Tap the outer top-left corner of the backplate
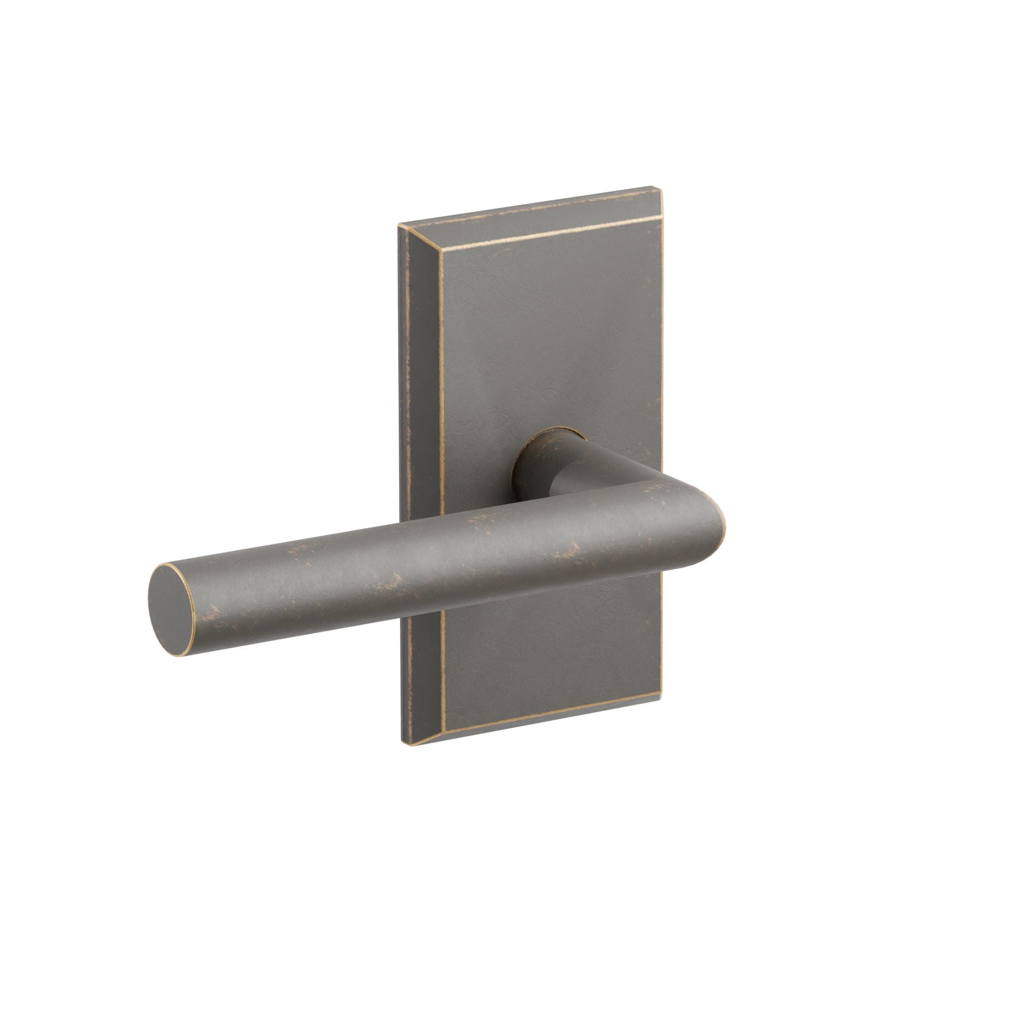(399, 226)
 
